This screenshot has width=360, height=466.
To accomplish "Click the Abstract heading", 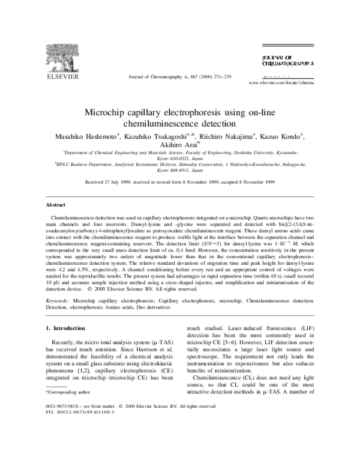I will [56, 205].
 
